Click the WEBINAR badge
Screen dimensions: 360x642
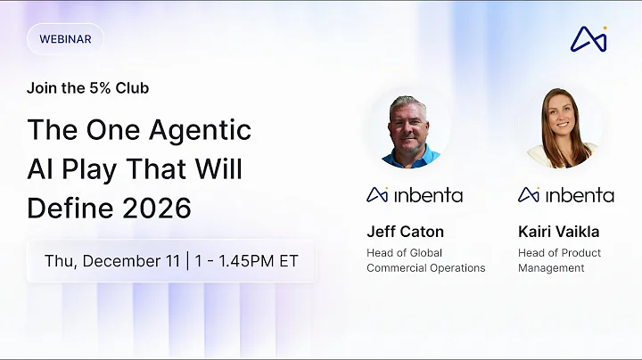coord(65,39)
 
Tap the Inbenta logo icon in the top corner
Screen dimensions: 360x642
coord(588,39)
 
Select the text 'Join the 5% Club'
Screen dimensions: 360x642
coord(87,88)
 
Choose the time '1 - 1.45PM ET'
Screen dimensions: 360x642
coord(244,262)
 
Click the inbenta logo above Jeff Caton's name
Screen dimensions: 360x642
coord(415,194)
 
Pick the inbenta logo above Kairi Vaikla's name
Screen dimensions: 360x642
coord(566,194)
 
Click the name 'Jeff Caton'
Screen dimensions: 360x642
coord(405,232)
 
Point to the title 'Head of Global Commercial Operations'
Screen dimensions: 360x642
coord(425,260)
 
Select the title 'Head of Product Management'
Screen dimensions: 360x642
coord(559,260)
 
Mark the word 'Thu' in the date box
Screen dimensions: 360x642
coord(59,262)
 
